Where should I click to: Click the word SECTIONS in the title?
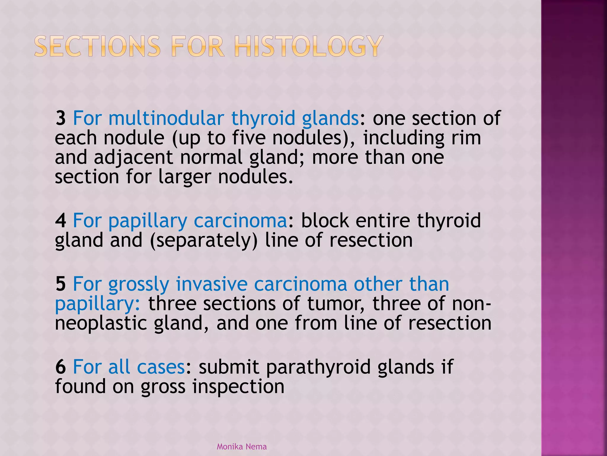coord(97,46)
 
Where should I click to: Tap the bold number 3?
coord(61,118)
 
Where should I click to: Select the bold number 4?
coord(61,221)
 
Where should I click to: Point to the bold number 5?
coord(61,284)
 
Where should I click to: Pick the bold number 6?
coord(61,367)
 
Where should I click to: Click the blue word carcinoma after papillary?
coord(240,221)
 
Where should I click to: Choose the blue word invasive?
coord(212,284)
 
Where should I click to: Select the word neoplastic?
coord(101,324)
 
